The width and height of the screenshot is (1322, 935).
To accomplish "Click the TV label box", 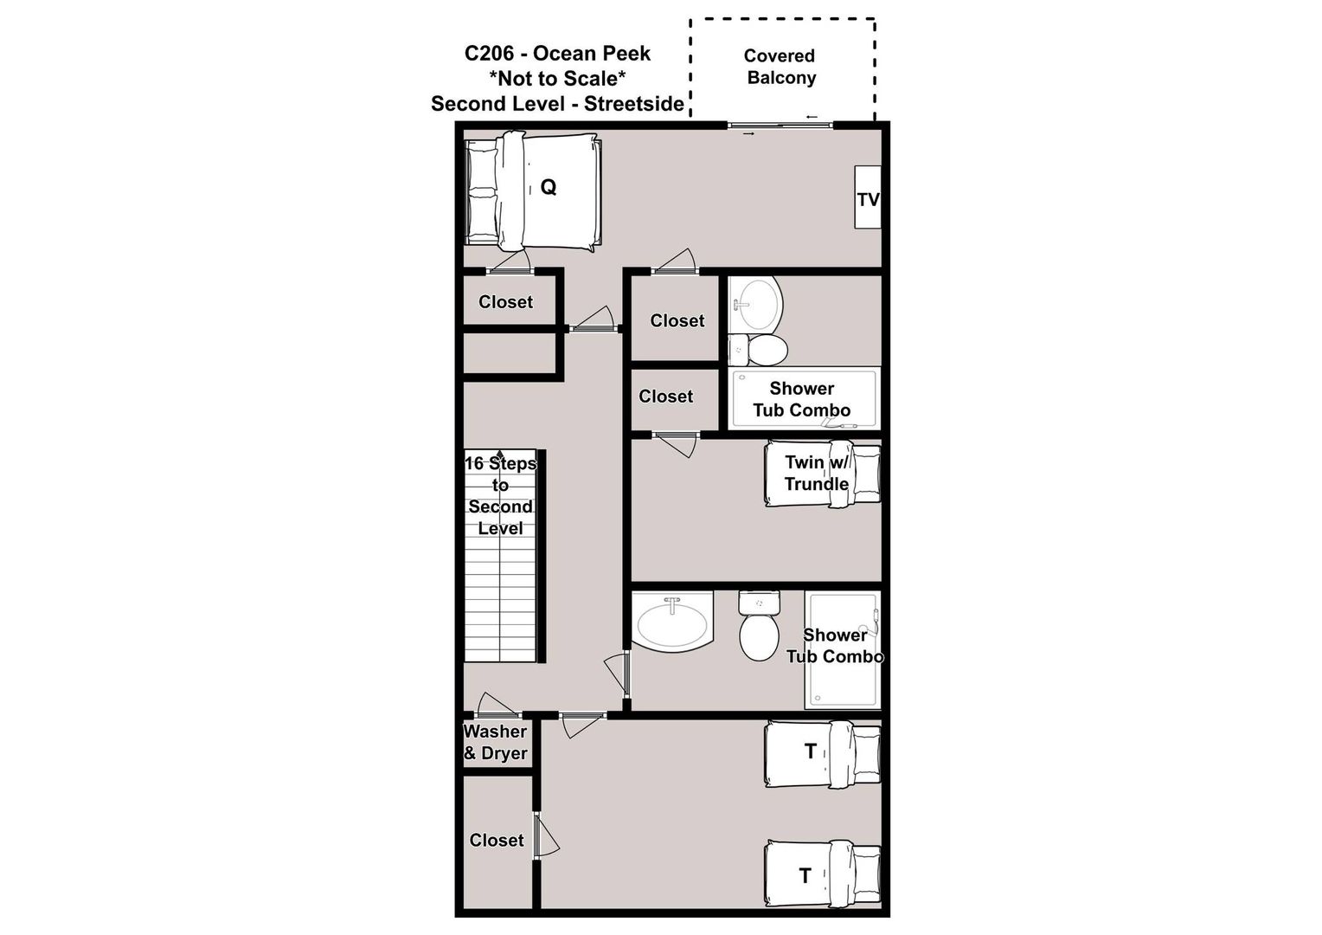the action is point(868,197).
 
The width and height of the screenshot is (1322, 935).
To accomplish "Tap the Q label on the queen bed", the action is point(549,187).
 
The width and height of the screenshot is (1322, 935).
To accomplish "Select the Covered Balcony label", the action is point(780,67).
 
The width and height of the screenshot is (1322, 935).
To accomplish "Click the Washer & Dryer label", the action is point(495,743).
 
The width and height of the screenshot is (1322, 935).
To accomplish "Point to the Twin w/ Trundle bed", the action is point(823,473).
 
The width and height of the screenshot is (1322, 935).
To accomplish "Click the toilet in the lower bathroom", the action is point(759,626).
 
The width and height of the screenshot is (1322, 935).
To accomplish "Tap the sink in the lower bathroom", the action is point(672,622).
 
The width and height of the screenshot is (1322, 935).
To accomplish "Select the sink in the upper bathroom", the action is point(756,305).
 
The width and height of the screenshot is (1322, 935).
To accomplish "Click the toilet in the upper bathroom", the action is point(759,350).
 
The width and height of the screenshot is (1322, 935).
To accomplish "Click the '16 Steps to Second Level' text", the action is point(500,495).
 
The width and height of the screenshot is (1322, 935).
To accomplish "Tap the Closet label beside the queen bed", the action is point(506,302).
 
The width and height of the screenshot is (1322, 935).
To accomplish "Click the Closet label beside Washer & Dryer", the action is point(497,840).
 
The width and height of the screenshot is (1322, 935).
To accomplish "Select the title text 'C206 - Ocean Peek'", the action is point(557,53).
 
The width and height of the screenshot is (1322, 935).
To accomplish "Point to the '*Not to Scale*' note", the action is point(557,78).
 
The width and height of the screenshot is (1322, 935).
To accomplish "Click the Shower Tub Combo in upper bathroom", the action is point(804,399).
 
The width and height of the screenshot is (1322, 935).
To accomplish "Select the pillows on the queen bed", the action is point(482,192).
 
